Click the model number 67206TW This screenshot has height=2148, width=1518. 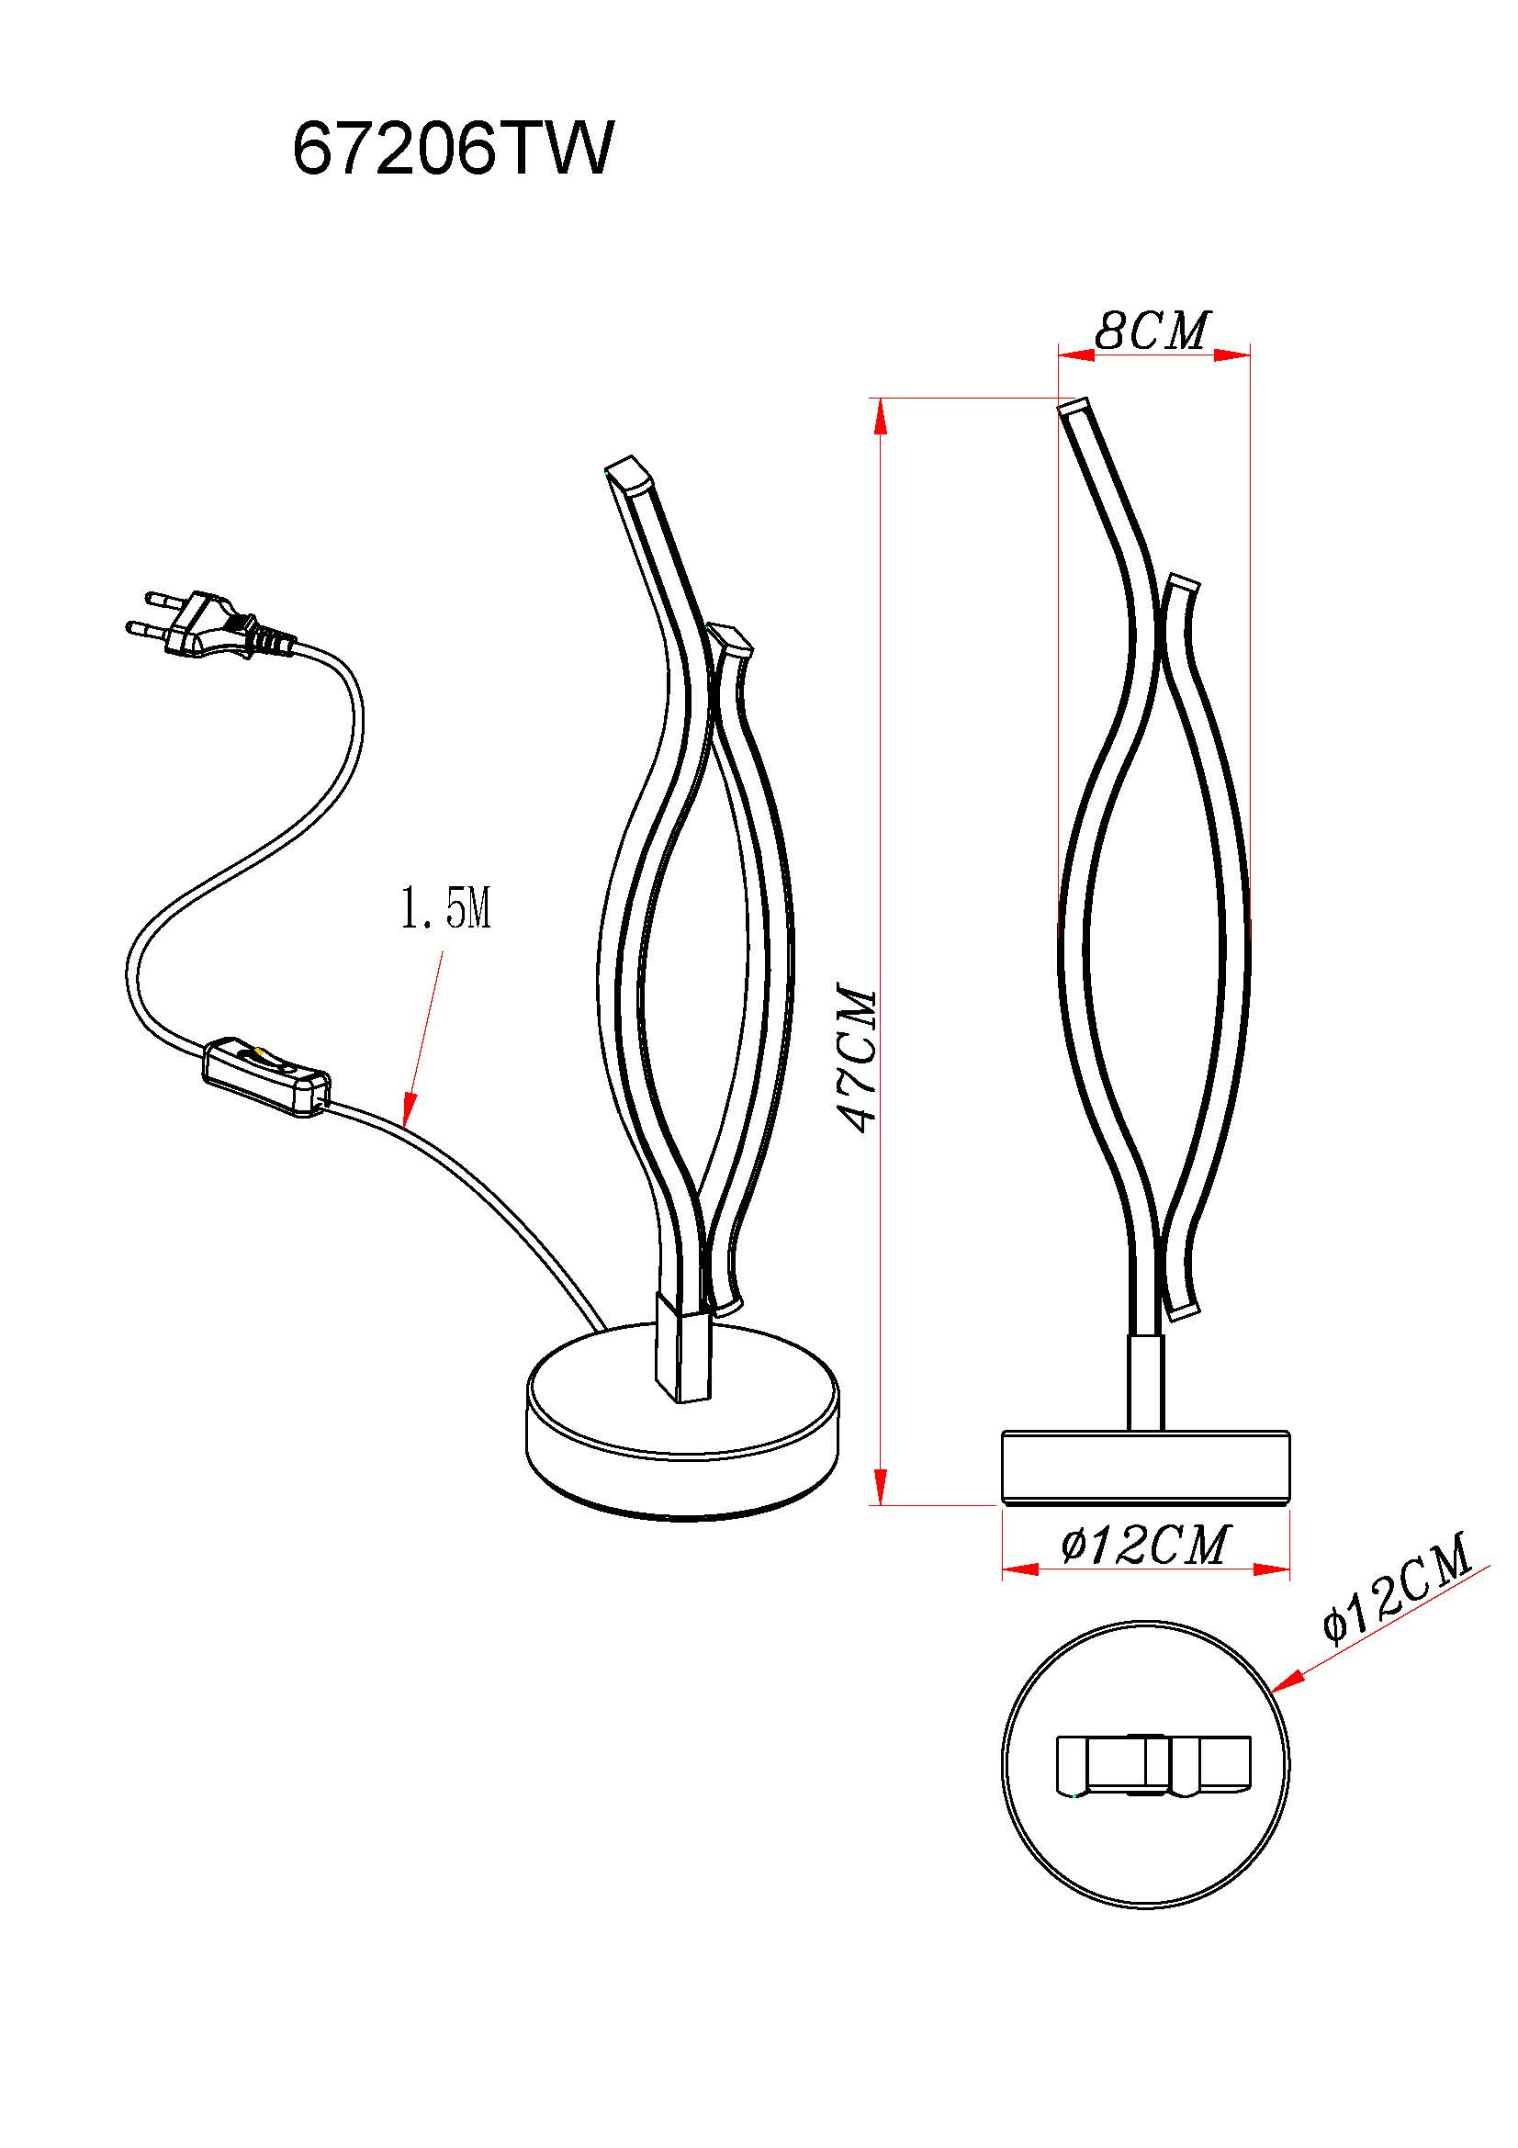tap(454, 150)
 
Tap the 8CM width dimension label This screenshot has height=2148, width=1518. tap(1153, 331)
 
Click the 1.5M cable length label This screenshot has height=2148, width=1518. tap(446, 908)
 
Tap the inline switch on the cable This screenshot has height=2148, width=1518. tap(266, 1077)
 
